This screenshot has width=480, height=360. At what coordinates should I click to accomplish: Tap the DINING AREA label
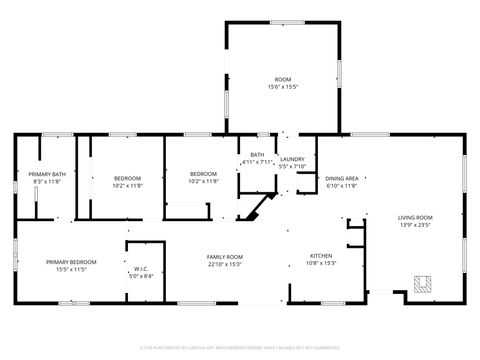342,178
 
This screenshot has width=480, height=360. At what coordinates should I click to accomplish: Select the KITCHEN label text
320,256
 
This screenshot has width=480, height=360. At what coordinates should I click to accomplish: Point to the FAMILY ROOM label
225,257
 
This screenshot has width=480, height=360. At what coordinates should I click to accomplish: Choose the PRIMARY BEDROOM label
70,262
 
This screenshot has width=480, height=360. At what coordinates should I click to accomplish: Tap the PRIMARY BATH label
47,175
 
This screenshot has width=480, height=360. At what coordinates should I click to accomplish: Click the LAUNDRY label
292,159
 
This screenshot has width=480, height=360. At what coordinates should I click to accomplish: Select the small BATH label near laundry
257,154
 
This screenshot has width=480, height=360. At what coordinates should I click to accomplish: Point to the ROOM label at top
283,79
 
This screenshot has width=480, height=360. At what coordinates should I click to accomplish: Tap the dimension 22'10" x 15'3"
225,264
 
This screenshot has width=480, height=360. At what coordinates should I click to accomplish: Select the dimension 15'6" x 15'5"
283,87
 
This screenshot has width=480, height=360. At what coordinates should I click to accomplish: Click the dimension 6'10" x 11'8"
342,186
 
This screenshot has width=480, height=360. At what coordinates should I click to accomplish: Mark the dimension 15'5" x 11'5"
70,269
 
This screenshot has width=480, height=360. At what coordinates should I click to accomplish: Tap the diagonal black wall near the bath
262,207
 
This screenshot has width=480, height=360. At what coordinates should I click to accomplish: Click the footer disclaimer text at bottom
240,346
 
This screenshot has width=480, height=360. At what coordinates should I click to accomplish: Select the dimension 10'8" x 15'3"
320,263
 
